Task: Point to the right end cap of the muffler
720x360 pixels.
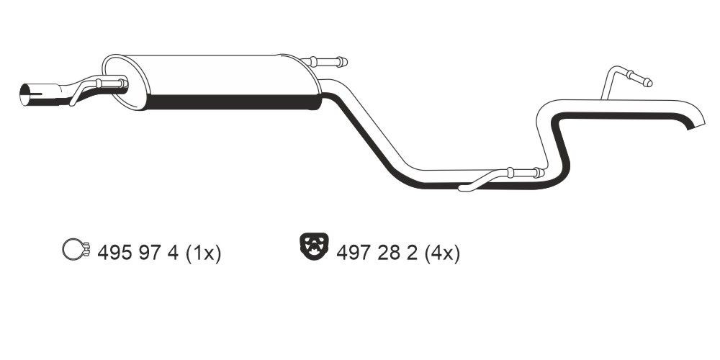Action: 314,81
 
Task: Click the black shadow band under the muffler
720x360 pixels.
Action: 230,102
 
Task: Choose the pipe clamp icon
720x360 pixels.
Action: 75,251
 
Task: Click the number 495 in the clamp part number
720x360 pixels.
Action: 112,253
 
